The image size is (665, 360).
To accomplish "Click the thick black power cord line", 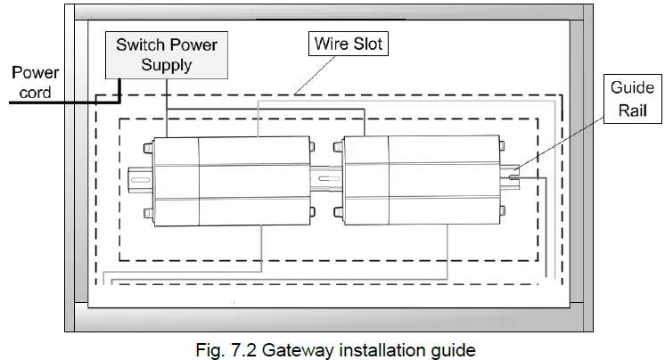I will [x=53, y=102].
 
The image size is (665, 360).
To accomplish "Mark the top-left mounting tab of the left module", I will [x=145, y=145].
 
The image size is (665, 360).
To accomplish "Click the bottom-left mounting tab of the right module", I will [x=339, y=212].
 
